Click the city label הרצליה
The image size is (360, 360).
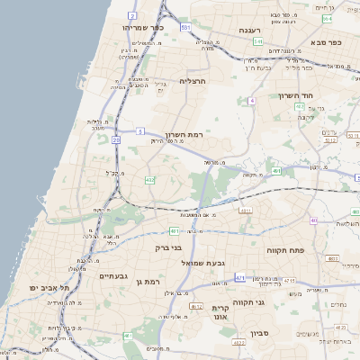coord(193,81)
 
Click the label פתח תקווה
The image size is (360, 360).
coord(286,247)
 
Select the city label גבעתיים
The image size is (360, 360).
coord(116,276)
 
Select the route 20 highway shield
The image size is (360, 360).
coord(116,139)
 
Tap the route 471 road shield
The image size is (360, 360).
coord(239,279)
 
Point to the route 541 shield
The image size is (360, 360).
coord(257,41)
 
